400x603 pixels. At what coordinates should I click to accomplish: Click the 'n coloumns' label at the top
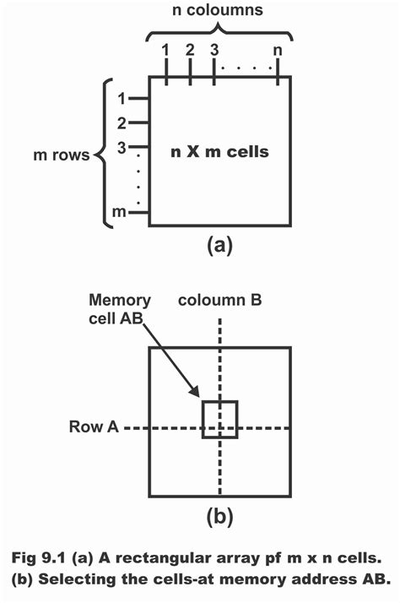(219, 13)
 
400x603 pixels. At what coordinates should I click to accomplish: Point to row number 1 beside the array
(122, 98)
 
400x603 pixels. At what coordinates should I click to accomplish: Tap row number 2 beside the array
(122, 123)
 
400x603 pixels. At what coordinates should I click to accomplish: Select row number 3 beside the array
(122, 148)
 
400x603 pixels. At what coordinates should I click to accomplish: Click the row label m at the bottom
(121, 212)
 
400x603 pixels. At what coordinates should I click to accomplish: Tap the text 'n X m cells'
(221, 151)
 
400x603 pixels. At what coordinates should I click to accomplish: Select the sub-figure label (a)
(219, 246)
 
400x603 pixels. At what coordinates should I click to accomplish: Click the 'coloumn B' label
(218, 300)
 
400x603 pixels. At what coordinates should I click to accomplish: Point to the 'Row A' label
(94, 428)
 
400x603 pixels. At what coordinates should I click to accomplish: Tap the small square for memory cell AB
(219, 419)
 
